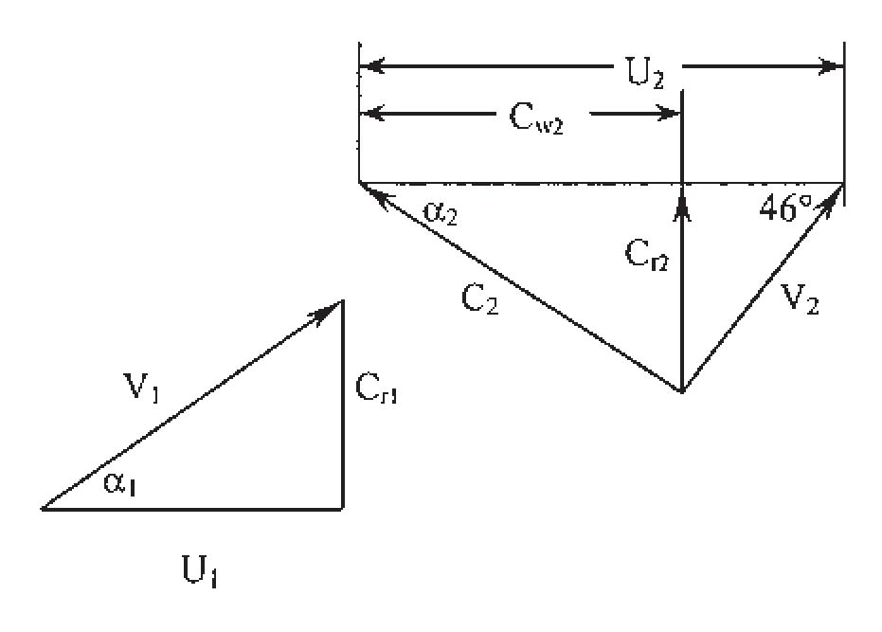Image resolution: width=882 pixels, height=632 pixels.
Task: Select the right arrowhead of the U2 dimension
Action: (832, 66)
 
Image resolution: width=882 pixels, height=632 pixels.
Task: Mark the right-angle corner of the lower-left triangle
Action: (341, 509)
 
